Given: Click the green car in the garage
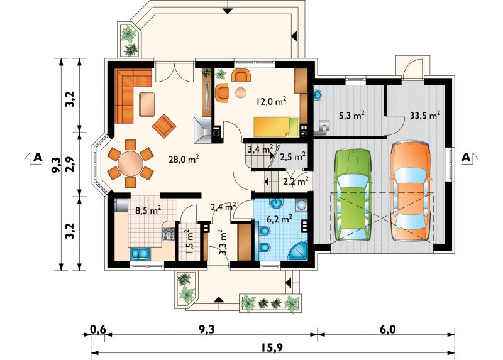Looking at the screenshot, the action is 353,195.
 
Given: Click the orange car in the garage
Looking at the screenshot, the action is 410,191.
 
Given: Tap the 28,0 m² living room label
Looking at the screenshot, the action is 184,159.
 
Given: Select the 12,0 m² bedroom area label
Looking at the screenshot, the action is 271,101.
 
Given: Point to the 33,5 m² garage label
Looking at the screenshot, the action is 425,116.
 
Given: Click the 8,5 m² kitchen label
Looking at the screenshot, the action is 148,210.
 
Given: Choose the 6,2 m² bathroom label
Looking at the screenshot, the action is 279,219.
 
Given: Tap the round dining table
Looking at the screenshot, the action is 130,163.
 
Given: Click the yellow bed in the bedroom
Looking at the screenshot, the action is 276,127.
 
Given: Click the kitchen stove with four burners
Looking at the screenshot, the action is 169,234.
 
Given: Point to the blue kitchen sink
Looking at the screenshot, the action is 140,254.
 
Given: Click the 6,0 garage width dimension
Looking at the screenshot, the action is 387,329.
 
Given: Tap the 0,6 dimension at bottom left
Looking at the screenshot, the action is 98,329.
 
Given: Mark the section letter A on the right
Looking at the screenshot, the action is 466,158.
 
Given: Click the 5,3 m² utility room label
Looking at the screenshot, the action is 351,116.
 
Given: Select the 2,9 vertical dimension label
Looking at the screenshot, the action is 70,164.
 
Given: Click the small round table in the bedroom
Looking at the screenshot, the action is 241,92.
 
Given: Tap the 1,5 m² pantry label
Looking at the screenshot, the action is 189,241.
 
